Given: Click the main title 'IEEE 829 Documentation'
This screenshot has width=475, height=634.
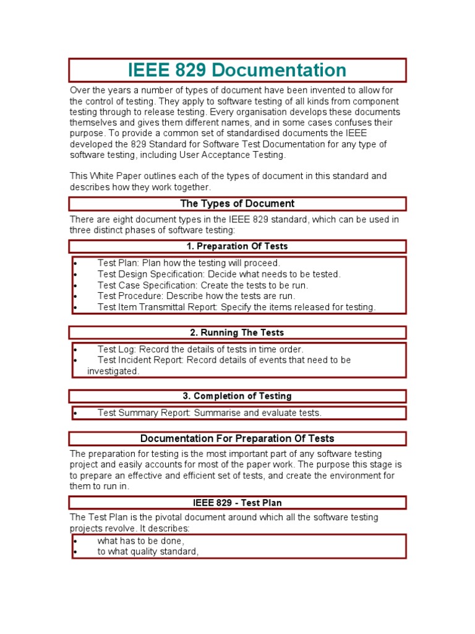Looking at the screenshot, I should point(237,69).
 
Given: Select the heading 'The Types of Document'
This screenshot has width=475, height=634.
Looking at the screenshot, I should point(237,204).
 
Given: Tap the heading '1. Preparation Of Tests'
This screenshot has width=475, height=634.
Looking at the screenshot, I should point(237,246).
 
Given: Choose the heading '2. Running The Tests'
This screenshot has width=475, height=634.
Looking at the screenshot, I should point(237,333).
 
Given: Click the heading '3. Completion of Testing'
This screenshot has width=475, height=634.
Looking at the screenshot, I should point(237,396).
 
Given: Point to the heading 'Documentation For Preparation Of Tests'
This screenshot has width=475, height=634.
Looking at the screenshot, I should point(237,439).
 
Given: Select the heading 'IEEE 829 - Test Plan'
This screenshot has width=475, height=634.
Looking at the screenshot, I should point(237,503).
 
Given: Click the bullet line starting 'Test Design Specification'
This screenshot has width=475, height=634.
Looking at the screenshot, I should point(219,274).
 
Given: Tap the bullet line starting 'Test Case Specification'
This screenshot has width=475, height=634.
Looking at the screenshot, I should point(202,285).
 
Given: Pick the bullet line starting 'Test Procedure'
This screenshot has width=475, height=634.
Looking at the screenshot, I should point(196,296).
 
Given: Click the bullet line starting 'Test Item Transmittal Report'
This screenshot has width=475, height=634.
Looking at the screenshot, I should point(236,307).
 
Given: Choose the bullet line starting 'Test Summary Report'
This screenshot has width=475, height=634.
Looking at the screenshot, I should point(209,413).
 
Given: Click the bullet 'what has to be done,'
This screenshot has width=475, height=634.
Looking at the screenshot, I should point(141,541).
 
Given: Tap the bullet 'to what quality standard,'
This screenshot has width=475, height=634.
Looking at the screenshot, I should point(148,552).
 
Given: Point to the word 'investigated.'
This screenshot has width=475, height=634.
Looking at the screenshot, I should point(113,371).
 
